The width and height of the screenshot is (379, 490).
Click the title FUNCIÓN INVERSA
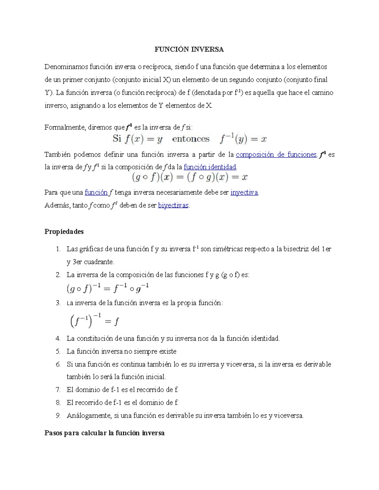189,50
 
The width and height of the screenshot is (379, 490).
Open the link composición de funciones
276,155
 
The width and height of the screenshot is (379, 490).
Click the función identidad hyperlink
210,167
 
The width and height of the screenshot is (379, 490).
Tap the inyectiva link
244,192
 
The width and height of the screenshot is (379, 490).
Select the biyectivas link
173,205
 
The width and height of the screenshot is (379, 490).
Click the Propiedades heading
64,232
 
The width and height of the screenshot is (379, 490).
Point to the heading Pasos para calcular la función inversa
105,433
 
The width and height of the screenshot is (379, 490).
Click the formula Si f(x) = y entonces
189,139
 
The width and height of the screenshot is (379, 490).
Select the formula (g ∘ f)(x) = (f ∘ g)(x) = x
189,178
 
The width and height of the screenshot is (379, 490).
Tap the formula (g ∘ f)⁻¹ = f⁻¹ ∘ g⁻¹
108,288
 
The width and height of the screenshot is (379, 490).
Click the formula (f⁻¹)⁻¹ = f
94,321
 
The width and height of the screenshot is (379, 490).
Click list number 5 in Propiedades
58,351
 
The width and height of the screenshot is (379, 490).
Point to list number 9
58,416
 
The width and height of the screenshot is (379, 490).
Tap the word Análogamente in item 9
89,416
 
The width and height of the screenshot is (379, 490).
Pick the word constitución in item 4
94,339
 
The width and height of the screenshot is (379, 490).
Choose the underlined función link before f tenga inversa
96,192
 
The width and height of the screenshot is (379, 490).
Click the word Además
57,205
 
